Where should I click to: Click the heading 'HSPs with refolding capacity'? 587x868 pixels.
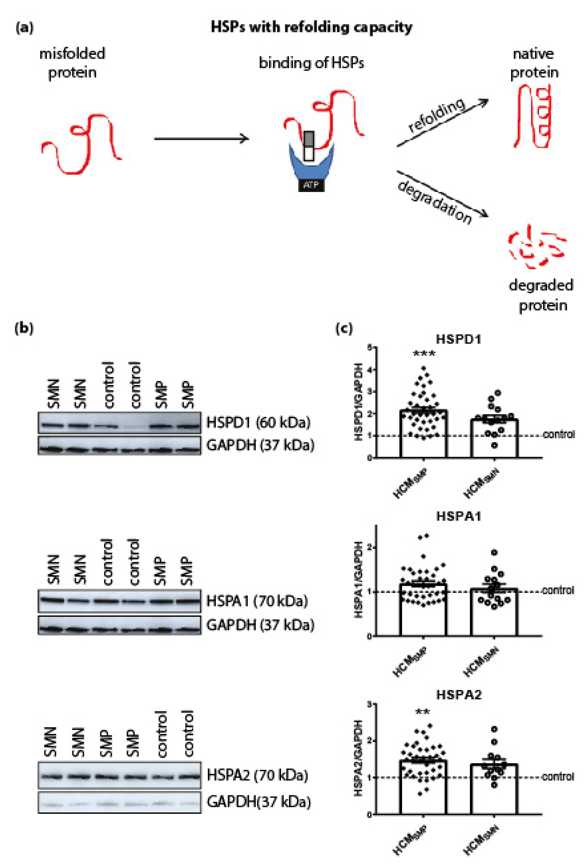coord(311,27)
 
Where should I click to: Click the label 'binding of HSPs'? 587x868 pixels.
coord(311,63)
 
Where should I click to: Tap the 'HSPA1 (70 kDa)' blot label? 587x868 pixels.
coord(257,601)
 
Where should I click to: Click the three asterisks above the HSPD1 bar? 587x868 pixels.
coord(424,353)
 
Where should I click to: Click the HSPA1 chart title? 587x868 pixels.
coord(458,517)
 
